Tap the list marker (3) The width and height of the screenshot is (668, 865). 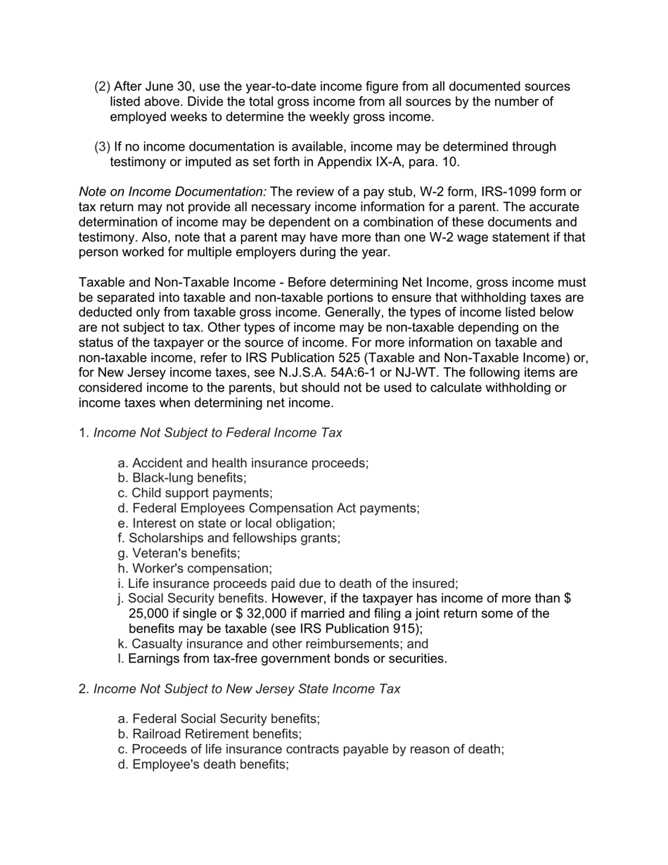point(103,147)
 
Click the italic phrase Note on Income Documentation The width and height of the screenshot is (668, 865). point(172,192)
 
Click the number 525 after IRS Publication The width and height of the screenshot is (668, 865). point(342,358)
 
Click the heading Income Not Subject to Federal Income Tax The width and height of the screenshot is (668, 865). point(217,432)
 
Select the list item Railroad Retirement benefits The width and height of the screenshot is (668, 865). point(210,734)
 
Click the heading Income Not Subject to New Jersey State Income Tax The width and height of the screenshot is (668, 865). point(247,689)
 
